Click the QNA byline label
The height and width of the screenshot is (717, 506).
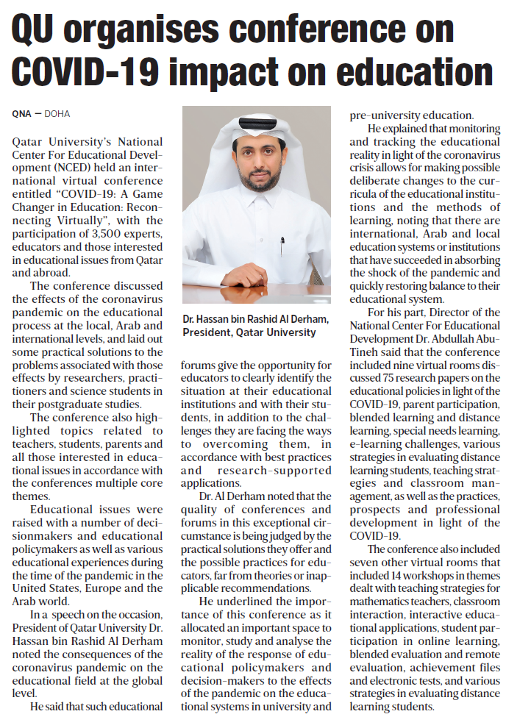tap(22, 114)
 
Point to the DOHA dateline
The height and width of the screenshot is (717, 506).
tap(57, 114)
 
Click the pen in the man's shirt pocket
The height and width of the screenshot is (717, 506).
tap(281, 246)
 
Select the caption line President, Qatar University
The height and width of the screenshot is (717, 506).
tap(250, 332)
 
